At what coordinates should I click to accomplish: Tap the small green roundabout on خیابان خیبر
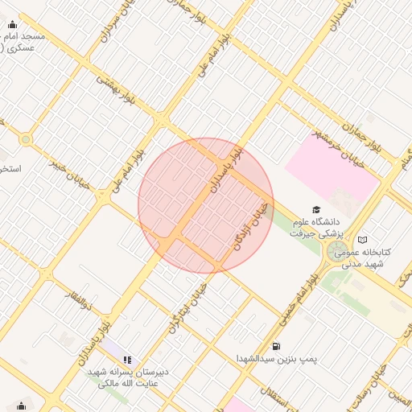(27, 139)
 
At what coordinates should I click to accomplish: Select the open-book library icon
(363, 240)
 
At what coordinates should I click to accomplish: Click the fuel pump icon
(277, 346)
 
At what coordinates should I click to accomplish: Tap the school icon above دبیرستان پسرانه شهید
(127, 360)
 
